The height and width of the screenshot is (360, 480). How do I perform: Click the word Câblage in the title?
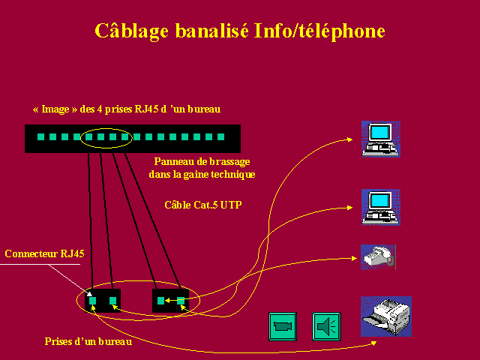pos(132,31)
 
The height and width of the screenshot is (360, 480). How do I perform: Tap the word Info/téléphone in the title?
pos(319,31)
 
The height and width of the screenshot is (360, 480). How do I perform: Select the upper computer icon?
pos(381,139)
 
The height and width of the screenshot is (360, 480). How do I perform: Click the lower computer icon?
pos(381,207)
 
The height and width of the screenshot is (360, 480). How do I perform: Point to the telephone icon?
pos(378,257)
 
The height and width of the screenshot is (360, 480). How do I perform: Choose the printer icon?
pos(386,316)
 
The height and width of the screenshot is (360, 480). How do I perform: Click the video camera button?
pos(283,326)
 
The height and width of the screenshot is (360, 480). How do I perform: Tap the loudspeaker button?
pos(326,326)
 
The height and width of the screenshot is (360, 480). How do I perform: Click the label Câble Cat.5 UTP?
pos(203,205)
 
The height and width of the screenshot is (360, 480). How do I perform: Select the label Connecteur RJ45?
pos(45,253)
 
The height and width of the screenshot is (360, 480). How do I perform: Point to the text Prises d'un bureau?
pos(88,341)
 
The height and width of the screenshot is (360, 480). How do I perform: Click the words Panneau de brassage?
pos(202,161)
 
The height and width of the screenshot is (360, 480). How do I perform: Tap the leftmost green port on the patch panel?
pos(40,136)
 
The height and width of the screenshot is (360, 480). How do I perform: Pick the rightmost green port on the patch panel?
pos(220,136)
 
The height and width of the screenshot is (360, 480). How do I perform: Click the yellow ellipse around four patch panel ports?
pos(106,128)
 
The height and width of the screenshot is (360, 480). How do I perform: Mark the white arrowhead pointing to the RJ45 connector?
pos(89,294)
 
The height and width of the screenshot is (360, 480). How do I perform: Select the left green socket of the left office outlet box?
pos(92,301)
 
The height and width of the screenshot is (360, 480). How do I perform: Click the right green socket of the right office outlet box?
pos(181,301)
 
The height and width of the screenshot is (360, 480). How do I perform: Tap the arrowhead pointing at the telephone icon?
pos(354,258)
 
